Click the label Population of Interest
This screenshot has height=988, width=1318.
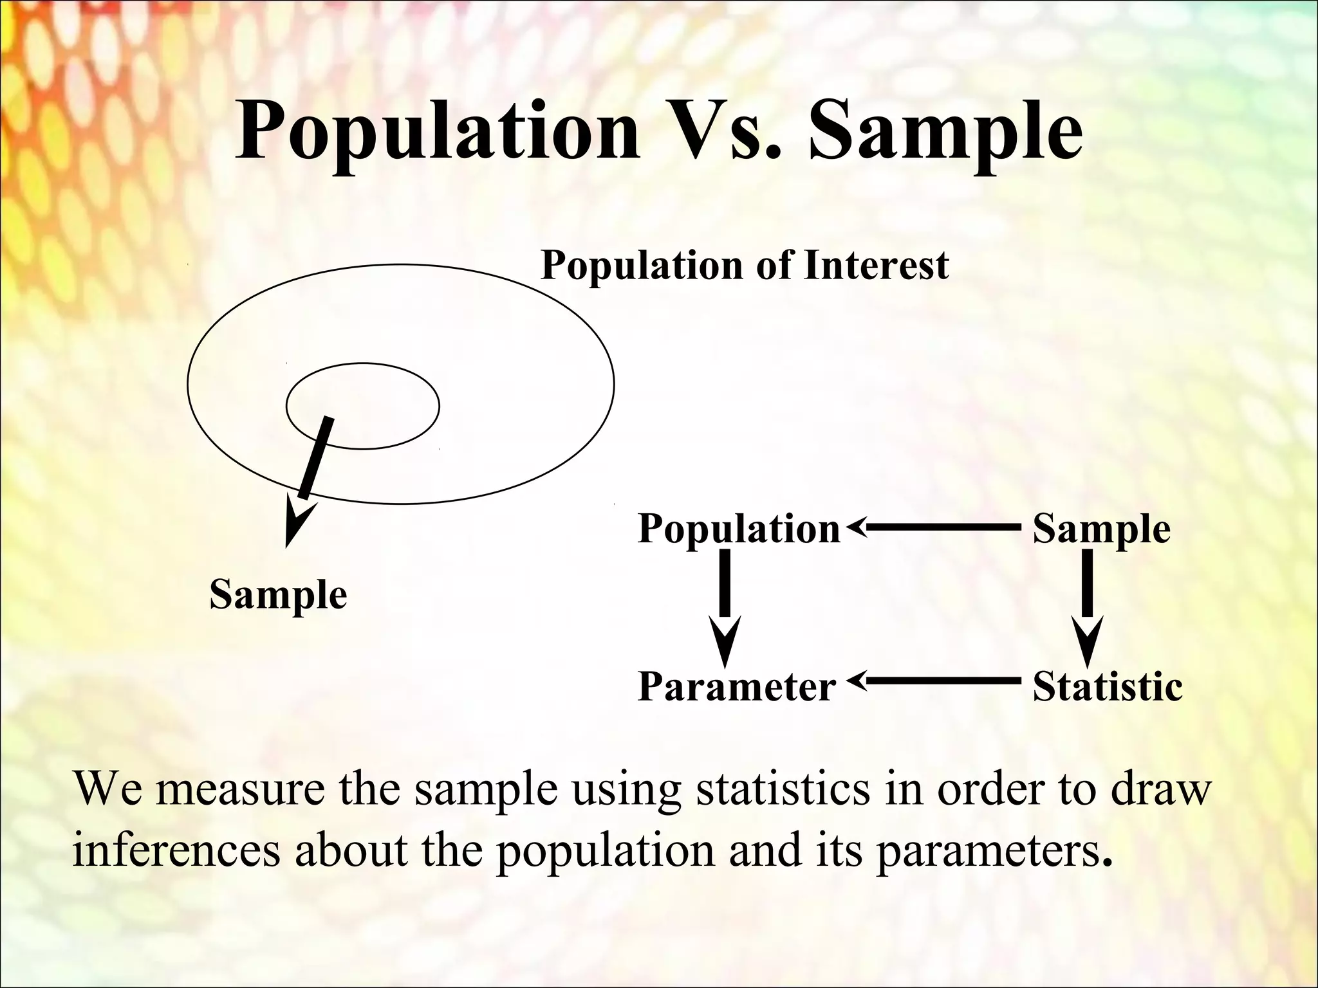coord(745,264)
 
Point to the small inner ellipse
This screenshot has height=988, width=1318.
coord(386,386)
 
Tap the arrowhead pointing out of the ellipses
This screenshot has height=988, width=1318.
coord(296,524)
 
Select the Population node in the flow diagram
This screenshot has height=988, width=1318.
coord(739,529)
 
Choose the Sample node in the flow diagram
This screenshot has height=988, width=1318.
coord(1101,529)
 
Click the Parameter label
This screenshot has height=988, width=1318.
coord(736,686)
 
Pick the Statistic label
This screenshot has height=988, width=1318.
coord(1107,686)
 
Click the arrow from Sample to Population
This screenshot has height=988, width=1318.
coord(933,527)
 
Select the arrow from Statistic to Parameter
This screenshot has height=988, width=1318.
coord(933,679)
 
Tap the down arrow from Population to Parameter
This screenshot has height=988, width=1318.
coord(725,605)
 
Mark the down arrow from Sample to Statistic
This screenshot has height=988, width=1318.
coord(1088,605)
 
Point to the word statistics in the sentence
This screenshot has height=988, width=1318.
coord(782,789)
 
